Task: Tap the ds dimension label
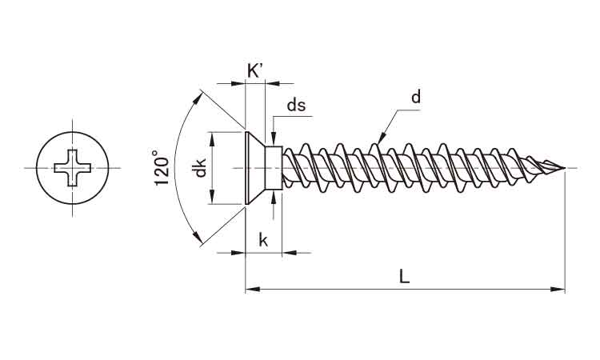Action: pyautogui.click(x=297, y=105)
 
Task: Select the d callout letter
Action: pyautogui.click(x=415, y=98)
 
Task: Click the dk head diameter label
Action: pyautogui.click(x=201, y=169)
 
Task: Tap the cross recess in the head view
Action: pyautogui.click(x=71, y=168)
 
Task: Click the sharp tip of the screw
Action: pyautogui.click(x=564, y=168)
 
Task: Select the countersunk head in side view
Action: pyautogui.click(x=255, y=168)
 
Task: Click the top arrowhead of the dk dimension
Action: pyautogui.click(x=213, y=137)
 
